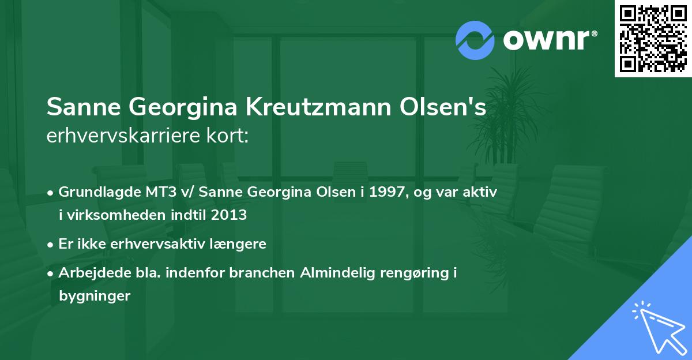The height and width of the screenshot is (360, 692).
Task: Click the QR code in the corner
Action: (653, 39)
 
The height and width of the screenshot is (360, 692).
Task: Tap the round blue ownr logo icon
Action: (475, 40)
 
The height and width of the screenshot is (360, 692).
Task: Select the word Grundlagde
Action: (97, 192)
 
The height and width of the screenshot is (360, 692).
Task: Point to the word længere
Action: (239, 244)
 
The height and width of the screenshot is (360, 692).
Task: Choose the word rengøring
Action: (415, 273)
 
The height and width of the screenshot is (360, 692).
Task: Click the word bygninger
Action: (95, 296)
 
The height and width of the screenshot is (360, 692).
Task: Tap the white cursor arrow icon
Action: (657, 326)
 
